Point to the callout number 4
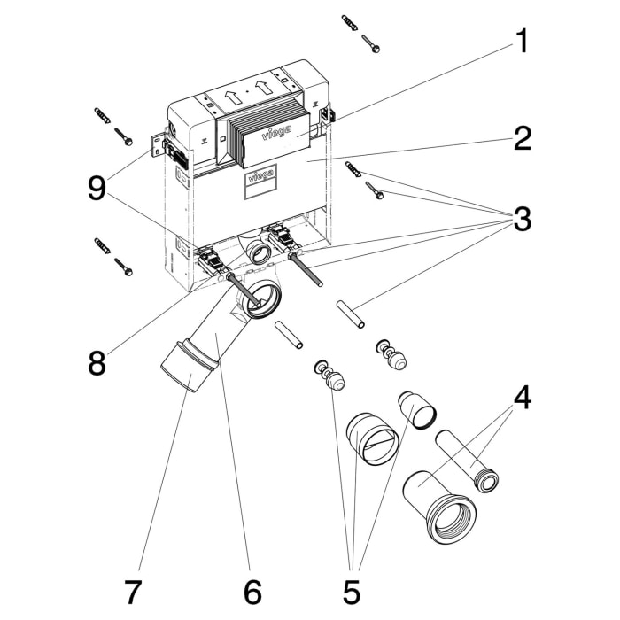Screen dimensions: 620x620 coord(523,398)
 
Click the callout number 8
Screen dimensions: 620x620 coord(97,361)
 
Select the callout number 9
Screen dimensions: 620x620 coord(97,188)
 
